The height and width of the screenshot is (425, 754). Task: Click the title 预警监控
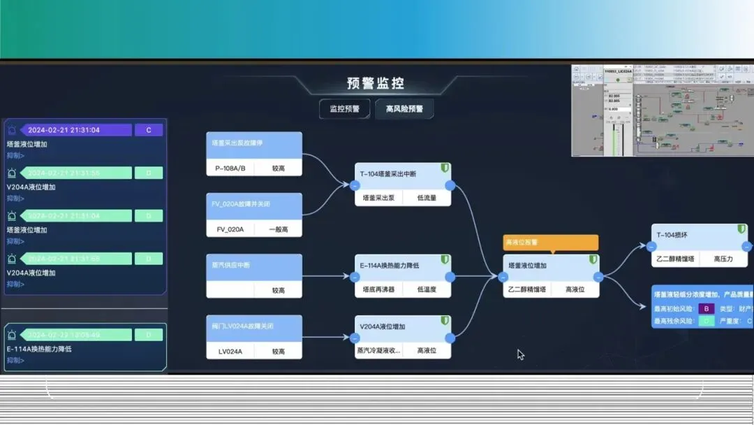[x=375, y=84]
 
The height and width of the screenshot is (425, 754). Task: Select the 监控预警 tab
[x=344, y=109]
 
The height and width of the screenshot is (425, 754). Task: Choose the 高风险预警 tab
[x=404, y=109]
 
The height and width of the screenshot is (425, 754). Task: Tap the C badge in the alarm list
[x=148, y=130]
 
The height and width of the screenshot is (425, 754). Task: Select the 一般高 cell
[x=279, y=229]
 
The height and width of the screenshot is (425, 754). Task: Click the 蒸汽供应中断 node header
[x=254, y=266]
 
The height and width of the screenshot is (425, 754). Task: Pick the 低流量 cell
[x=427, y=198]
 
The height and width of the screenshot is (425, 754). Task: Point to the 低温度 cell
[x=427, y=289]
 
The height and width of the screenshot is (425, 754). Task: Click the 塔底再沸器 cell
[x=379, y=289]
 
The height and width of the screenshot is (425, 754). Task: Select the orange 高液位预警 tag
[x=551, y=243]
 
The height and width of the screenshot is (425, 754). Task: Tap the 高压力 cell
[x=723, y=259]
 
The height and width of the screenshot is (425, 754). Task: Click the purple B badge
[x=706, y=308]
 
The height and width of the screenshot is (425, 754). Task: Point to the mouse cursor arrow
[x=520, y=354]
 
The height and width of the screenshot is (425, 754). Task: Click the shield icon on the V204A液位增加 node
[x=444, y=320]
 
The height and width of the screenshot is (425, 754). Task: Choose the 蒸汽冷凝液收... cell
[x=379, y=350]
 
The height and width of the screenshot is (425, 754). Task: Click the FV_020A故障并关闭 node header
[x=254, y=204]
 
